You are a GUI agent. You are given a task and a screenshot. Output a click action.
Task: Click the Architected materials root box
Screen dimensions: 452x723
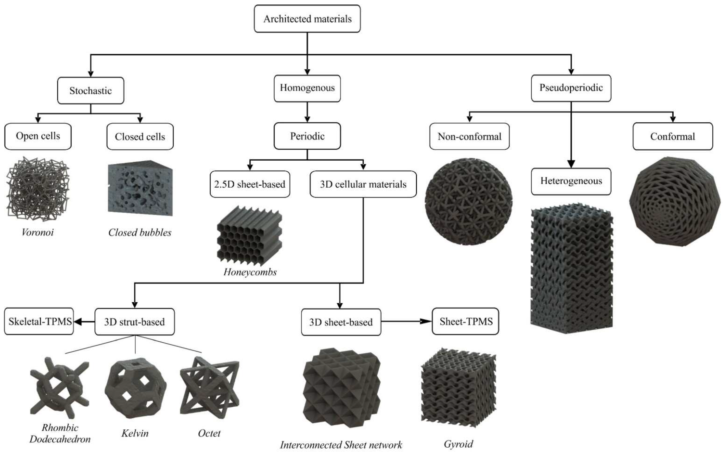pyautogui.click(x=307, y=18)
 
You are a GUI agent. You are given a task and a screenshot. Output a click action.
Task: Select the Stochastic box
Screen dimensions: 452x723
pyautogui.click(x=91, y=91)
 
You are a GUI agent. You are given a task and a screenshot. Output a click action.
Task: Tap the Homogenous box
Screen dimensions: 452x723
pyautogui.click(x=307, y=88)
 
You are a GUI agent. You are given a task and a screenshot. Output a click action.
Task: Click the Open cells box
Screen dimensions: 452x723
pyautogui.click(x=38, y=136)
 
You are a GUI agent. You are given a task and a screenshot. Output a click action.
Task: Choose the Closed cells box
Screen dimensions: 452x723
pyautogui.click(x=140, y=137)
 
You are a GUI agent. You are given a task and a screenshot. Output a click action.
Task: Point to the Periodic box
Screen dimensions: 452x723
pyautogui.click(x=307, y=136)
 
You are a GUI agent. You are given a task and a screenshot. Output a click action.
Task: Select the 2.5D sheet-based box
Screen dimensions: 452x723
pyautogui.click(x=250, y=184)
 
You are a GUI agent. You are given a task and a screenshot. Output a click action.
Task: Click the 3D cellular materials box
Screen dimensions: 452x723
pyautogui.click(x=363, y=184)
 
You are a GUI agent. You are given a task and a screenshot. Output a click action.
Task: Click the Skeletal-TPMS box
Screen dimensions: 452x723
pyautogui.click(x=39, y=321)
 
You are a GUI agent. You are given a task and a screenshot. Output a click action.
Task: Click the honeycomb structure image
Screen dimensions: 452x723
pyautogui.click(x=249, y=236)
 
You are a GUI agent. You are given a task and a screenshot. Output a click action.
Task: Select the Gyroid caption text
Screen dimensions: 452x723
pyautogui.click(x=458, y=444)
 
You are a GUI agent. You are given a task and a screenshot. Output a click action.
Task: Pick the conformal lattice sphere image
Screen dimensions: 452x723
pyautogui.click(x=675, y=202)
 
